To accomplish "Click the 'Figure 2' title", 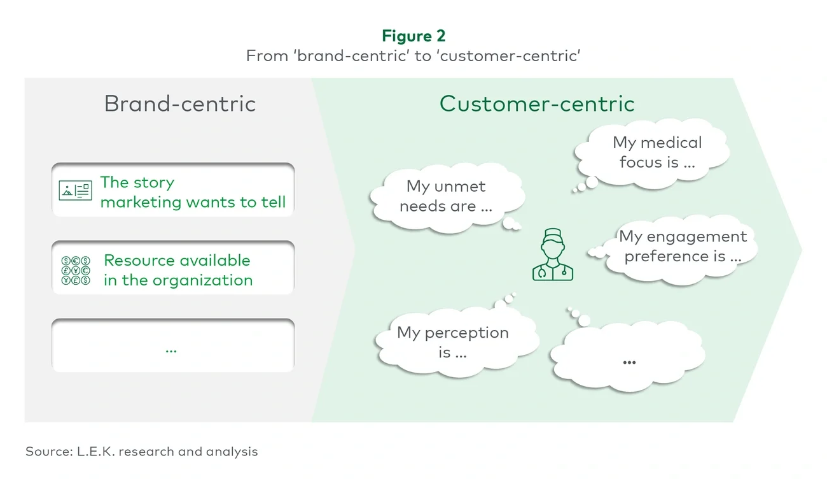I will click(413, 35).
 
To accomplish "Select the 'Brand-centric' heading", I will click(180, 103).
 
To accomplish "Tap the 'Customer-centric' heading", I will click(537, 103).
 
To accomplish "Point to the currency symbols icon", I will click(75, 270).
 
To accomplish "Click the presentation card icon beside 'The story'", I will click(75, 190).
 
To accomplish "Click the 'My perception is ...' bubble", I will click(453, 342).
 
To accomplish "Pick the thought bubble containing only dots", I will click(629, 360).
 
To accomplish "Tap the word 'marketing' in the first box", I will click(141, 203).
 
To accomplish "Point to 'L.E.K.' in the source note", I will click(95, 452).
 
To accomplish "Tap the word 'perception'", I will click(466, 333).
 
